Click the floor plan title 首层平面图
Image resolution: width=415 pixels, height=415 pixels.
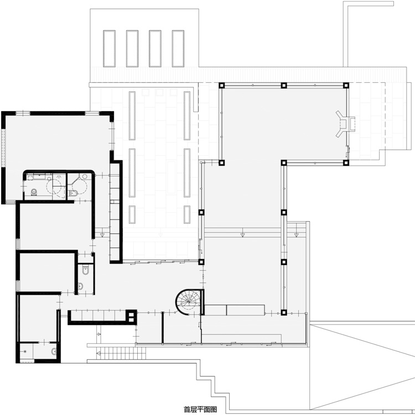click(x=200, y=409)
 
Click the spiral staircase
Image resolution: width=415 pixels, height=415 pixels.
click(x=189, y=302)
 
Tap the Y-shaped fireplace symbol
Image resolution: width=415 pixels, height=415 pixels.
click(x=345, y=124)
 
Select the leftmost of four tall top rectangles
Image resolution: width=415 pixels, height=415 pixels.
click(x=109, y=49)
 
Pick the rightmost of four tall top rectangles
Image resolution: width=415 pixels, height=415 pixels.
click(x=178, y=49)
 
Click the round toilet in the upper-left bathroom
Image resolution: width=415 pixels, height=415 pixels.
click(x=34, y=192)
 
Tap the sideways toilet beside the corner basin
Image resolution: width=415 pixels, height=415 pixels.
click(x=74, y=193)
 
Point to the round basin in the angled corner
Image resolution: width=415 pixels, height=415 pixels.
click(x=85, y=176)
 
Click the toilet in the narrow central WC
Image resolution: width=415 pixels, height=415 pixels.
click(x=86, y=270)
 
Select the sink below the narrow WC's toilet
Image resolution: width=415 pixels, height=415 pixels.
click(x=81, y=286)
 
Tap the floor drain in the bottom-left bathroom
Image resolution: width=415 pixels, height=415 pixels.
click(x=25, y=351)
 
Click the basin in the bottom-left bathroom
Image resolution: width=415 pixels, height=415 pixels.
click(x=54, y=351)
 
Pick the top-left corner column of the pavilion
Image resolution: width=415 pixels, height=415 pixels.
click(x=221, y=85)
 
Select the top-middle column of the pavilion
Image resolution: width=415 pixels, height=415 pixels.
click(x=284, y=85)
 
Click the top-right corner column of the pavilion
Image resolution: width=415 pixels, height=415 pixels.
click(x=346, y=85)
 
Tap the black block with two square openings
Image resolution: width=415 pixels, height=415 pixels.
click(x=131, y=317)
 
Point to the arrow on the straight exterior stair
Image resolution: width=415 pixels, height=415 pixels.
click(x=98, y=353)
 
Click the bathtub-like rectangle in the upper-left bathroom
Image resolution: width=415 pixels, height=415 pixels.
click(x=39, y=176)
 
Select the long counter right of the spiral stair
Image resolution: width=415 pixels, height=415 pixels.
click(x=235, y=310)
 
